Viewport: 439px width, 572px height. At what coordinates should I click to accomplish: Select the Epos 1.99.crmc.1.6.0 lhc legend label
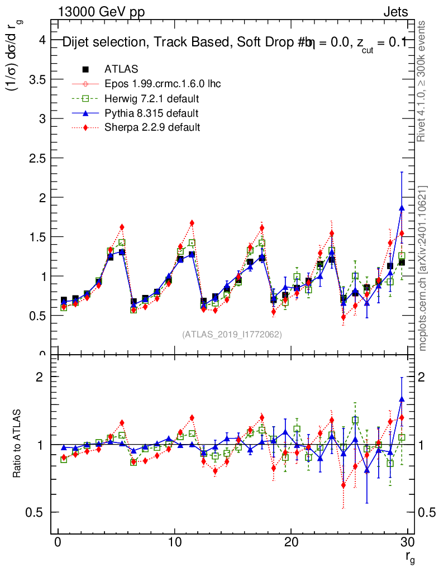(x=163, y=84)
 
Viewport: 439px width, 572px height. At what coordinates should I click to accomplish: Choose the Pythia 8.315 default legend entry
(x=151, y=113)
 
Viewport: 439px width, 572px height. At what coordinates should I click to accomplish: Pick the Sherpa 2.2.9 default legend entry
(x=152, y=128)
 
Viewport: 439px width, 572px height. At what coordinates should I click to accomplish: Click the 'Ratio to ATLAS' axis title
(x=17, y=445)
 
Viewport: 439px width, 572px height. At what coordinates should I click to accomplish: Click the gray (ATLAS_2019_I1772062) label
(x=232, y=335)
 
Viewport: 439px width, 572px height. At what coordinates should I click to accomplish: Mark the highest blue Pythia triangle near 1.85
(x=402, y=208)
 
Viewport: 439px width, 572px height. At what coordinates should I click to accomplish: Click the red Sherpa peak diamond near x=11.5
(x=192, y=223)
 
